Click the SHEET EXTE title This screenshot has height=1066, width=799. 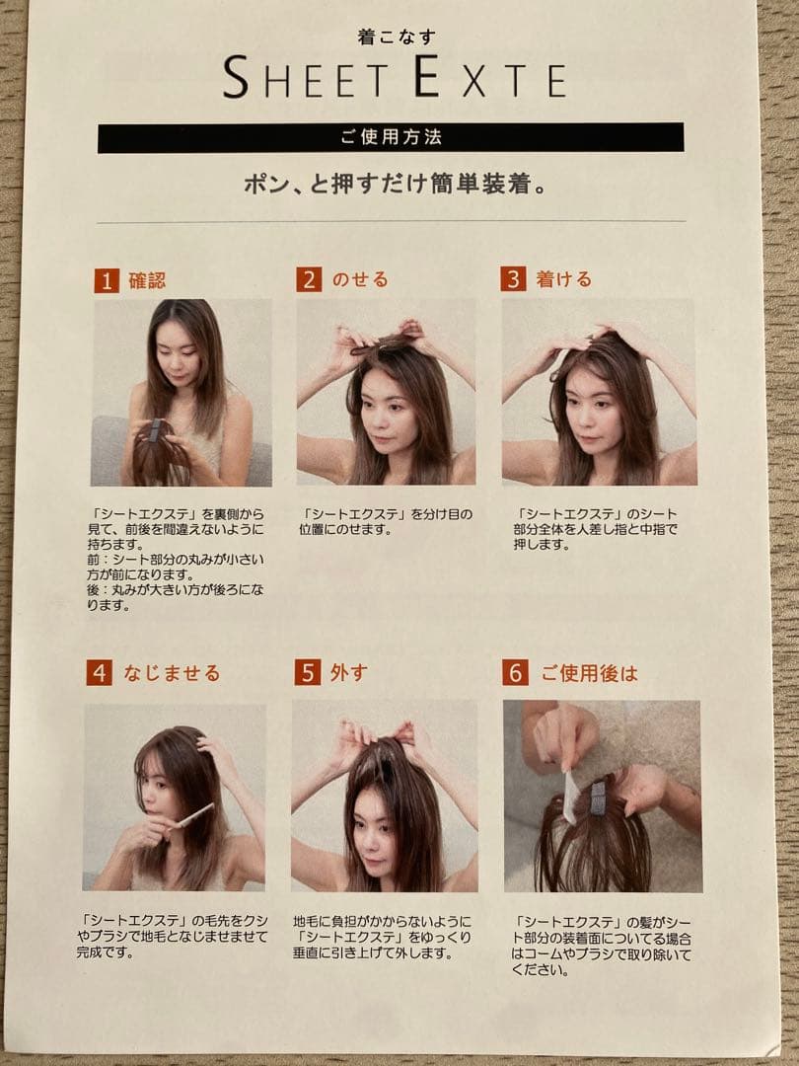click(x=395, y=77)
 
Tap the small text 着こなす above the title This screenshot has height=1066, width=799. click(x=397, y=37)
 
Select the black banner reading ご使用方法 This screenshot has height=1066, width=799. click(x=391, y=137)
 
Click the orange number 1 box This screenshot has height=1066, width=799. click(x=107, y=280)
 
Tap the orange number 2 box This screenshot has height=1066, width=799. click(x=309, y=279)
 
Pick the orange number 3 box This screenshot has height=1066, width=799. click(x=514, y=278)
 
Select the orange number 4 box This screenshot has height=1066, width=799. click(x=100, y=672)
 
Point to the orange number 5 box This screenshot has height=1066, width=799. click(x=307, y=672)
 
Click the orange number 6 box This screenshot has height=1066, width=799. click(x=515, y=672)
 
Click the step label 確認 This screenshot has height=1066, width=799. click(x=147, y=280)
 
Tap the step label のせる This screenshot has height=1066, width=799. click(x=360, y=279)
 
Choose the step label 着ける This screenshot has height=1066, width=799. click(x=564, y=278)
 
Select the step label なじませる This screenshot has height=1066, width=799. click(x=172, y=673)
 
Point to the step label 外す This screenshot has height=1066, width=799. click(x=348, y=672)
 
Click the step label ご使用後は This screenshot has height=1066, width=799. click(x=589, y=673)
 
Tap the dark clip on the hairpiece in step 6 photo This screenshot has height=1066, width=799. click(x=598, y=799)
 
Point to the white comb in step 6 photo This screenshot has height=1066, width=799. click(x=571, y=797)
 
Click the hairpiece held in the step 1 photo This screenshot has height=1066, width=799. click(x=160, y=453)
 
